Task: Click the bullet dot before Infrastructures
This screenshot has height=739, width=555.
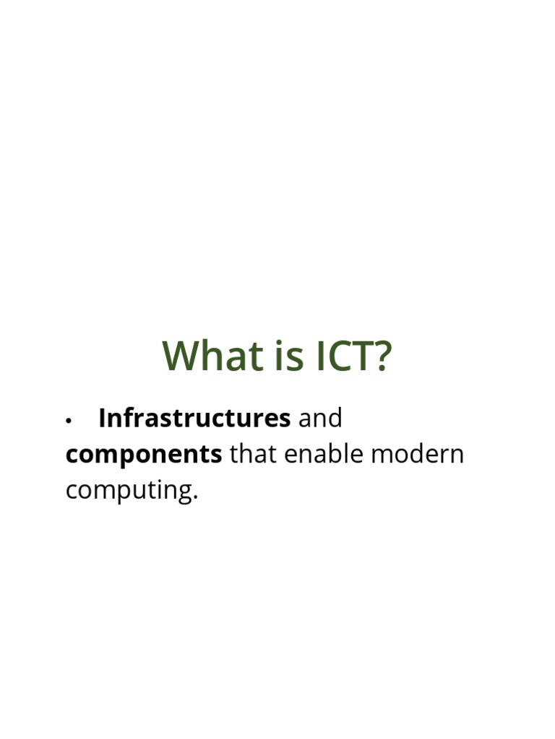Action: click(x=69, y=420)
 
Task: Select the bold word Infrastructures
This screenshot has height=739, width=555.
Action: click(x=194, y=418)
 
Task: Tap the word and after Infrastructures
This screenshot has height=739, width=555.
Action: click(x=320, y=418)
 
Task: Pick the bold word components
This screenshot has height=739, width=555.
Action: click(x=143, y=455)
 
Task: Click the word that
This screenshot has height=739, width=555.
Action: click(x=253, y=455)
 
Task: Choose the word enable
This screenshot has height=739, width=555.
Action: click(x=322, y=455)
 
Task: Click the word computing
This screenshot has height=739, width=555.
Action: click(x=129, y=491)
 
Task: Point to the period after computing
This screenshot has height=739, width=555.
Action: click(x=194, y=499)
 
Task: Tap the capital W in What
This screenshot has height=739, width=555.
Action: click(x=180, y=356)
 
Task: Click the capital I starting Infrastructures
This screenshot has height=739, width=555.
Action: click(x=102, y=418)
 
